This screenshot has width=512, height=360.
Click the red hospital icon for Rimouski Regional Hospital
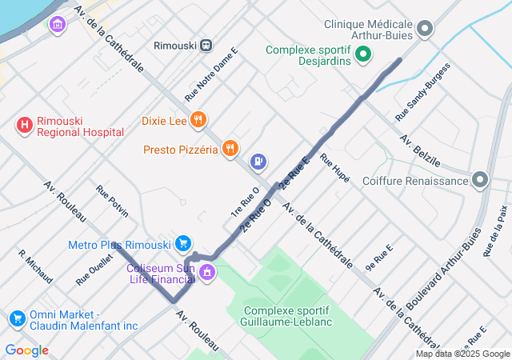point(25,125)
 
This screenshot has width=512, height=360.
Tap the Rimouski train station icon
point(206,46)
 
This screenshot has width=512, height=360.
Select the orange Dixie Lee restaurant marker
point(198,121)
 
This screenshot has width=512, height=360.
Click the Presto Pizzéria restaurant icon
point(230,148)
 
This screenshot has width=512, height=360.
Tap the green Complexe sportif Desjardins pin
point(363,55)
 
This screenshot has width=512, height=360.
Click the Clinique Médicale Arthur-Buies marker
point(426,30)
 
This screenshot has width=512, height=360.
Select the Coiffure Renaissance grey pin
point(480,180)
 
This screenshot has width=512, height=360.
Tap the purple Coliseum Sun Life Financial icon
point(207,273)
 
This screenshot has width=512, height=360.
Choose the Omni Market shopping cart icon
point(17,319)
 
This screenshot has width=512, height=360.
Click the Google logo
point(26,350)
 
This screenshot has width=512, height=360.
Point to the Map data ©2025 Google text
point(462,354)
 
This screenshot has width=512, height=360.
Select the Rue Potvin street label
point(112,202)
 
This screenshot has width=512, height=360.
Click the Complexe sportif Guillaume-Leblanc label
point(286,316)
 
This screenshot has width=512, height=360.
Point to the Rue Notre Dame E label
point(211,74)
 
